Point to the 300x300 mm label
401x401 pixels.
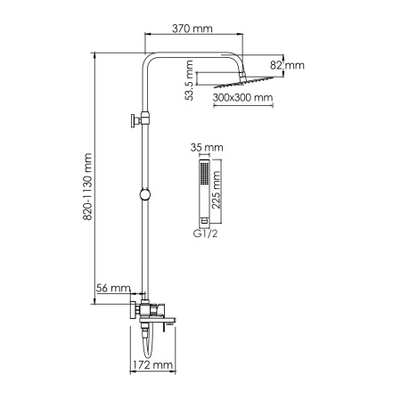(x=243, y=99)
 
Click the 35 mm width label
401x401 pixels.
(x=206, y=150)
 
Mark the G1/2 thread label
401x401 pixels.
(x=205, y=233)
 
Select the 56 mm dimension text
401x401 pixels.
(x=114, y=289)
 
